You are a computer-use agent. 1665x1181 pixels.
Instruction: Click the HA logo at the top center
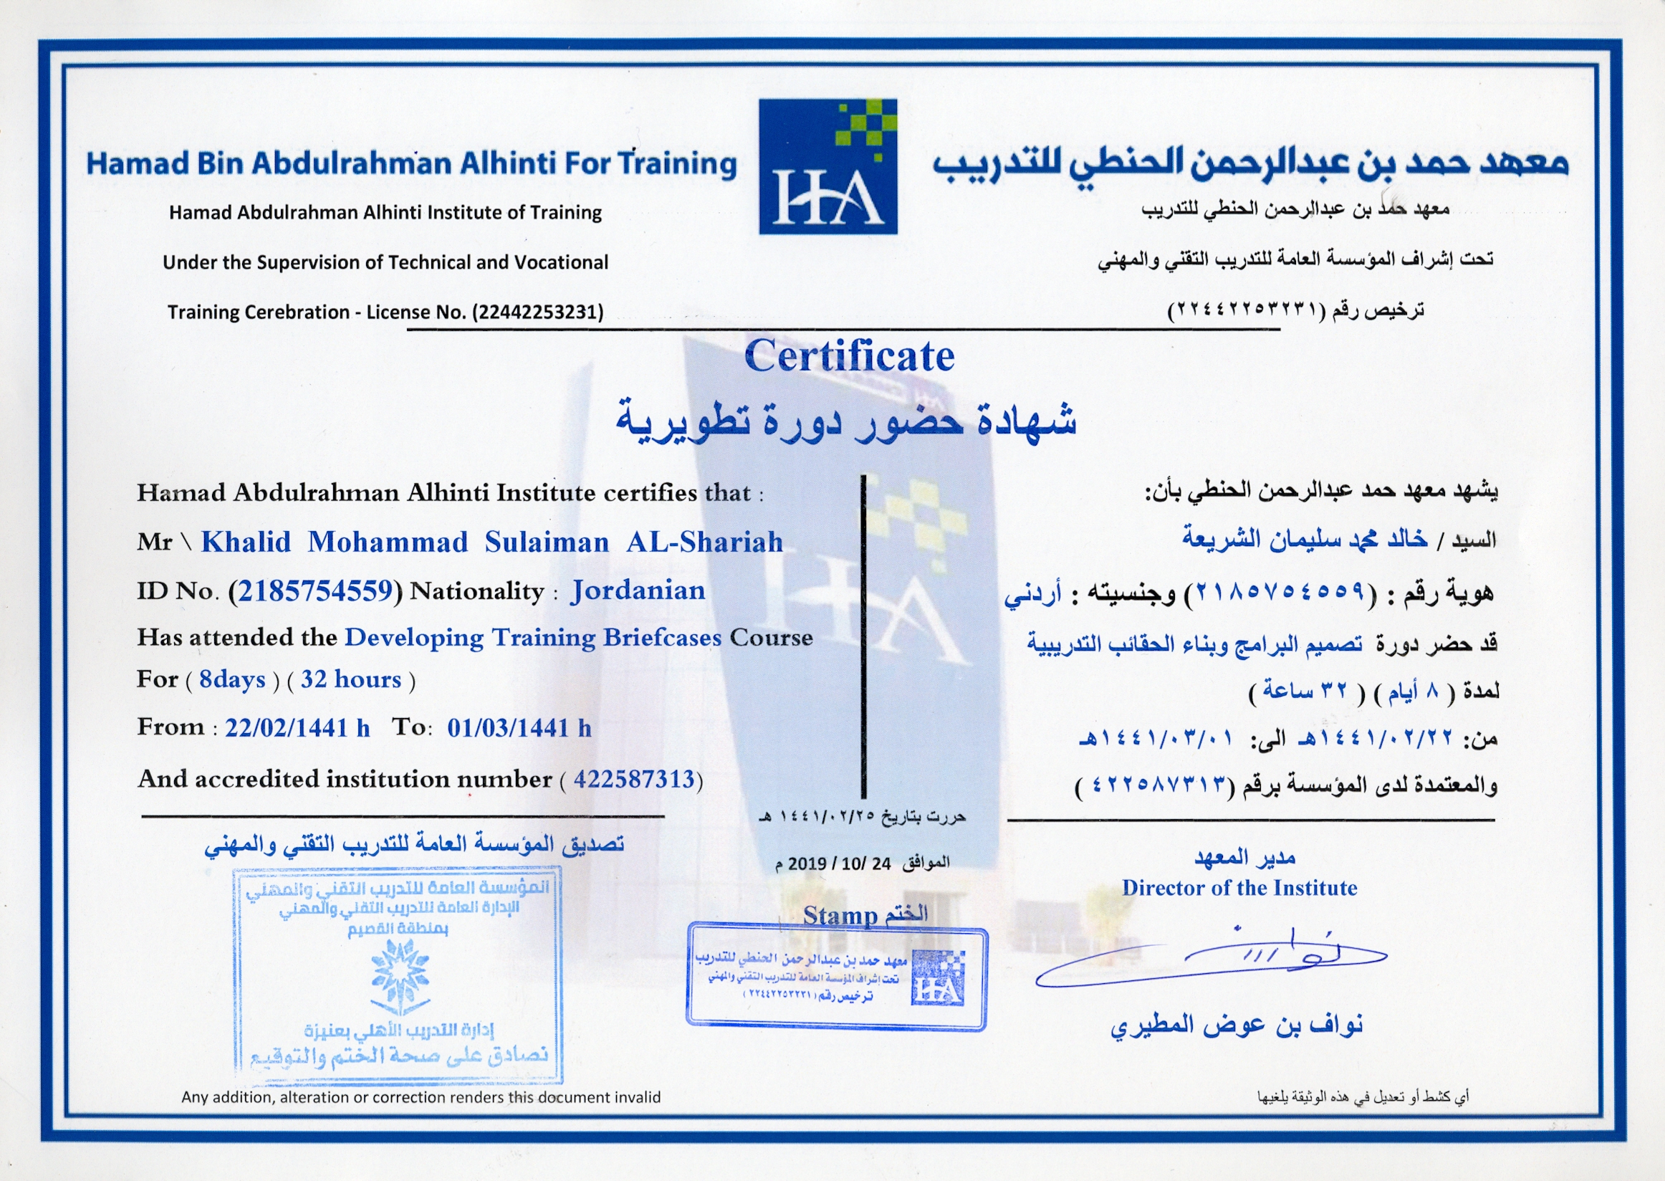coord(827,166)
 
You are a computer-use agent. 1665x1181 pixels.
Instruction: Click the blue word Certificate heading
coord(848,356)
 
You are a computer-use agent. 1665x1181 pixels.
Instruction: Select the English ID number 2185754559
coord(315,591)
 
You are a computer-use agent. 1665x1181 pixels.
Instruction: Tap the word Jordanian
coord(638,590)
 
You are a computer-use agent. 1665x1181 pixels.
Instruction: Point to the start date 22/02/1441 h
coord(297,728)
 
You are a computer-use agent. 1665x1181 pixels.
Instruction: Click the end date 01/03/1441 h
coord(519,728)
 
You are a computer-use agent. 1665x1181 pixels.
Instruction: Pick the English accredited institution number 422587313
coord(633,780)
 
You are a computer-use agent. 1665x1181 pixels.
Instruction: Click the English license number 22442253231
coord(538,312)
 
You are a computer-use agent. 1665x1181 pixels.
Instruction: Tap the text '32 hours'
coord(350,679)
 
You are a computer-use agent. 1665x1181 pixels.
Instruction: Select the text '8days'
coord(232,679)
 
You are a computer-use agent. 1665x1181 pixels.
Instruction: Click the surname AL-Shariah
coord(704,542)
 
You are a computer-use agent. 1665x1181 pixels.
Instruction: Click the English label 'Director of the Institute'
coord(1239,888)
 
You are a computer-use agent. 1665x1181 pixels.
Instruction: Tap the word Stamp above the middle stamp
coord(840,916)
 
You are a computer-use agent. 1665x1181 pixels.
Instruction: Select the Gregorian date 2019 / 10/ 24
coord(839,864)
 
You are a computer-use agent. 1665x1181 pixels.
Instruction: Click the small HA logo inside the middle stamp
coord(938,977)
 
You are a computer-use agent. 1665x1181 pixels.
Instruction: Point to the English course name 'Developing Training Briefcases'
coord(533,638)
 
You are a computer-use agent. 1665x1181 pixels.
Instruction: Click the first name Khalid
coord(246,542)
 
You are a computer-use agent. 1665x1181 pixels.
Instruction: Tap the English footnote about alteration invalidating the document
coord(421,1096)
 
